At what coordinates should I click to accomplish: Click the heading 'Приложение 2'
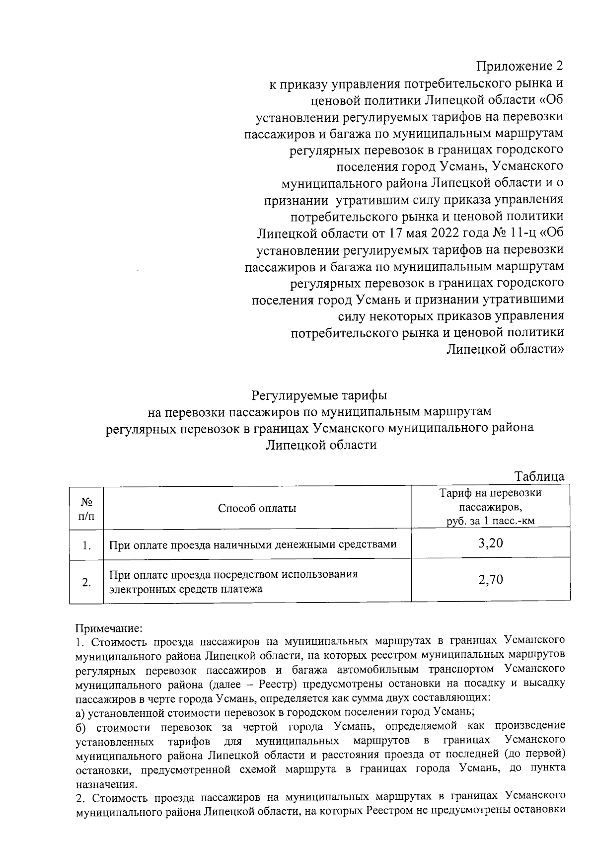tap(520, 66)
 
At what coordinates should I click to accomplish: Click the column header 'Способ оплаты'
tap(257, 508)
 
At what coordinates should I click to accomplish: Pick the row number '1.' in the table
tap(86, 545)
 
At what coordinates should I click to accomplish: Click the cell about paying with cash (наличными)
tap(252, 545)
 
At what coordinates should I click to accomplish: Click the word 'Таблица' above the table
tap(539, 476)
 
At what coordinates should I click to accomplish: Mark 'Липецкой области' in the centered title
tap(321, 445)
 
